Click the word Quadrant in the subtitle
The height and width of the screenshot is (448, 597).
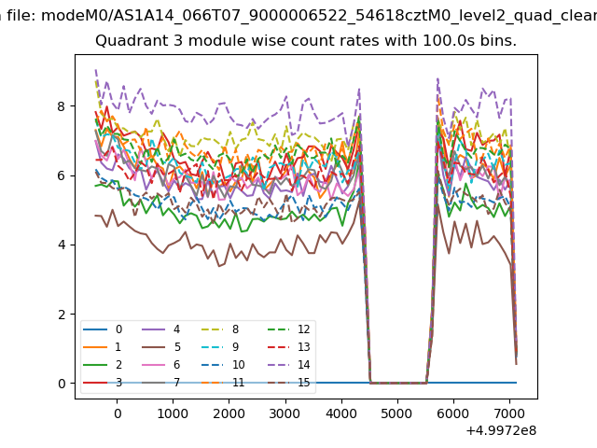tap(127, 42)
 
